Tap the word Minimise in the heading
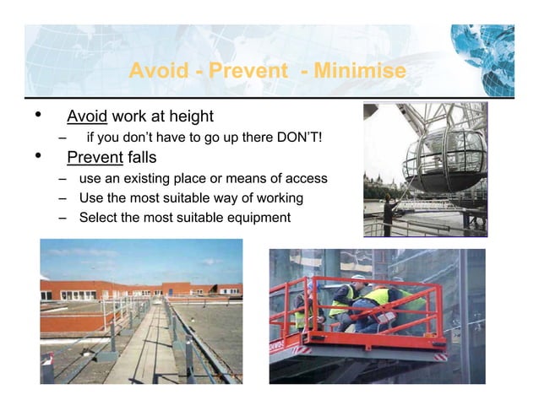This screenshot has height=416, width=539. (359, 71)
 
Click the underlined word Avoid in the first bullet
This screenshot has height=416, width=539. (87, 116)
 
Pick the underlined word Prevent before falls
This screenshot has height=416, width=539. (95, 157)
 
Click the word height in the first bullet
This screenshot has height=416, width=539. (190, 116)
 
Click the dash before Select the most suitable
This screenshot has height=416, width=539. (63, 218)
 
